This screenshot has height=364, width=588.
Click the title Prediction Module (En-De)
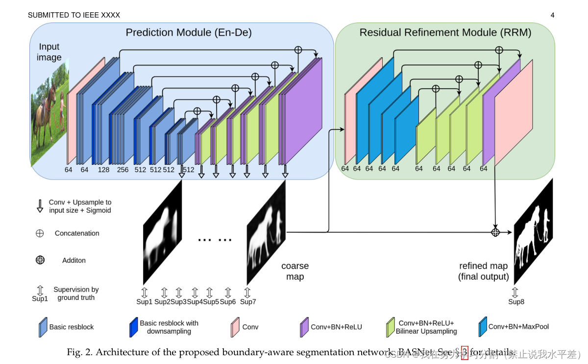pyautogui.click(x=189, y=33)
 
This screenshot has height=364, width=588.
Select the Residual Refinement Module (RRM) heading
pyautogui.click(x=445, y=33)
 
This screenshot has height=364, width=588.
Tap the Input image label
pyautogui.click(x=49, y=52)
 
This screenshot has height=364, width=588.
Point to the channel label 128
pyautogui.click(x=103, y=170)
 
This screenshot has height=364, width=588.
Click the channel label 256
pyautogui.click(x=122, y=170)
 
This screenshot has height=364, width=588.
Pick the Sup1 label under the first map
pyautogui.click(x=144, y=302)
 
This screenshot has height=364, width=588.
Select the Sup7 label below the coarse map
pyautogui.click(x=247, y=302)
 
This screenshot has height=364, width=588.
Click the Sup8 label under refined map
pyautogui.click(x=516, y=302)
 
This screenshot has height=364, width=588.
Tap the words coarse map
pyautogui.click(x=295, y=271)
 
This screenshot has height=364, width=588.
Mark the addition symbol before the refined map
pyautogui.click(x=495, y=232)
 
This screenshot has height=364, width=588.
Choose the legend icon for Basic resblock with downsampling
pyautogui.click(x=133, y=327)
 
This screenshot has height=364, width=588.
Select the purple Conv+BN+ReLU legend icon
pyautogui.click(x=304, y=327)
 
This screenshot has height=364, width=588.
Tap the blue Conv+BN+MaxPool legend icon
pyautogui.click(x=483, y=327)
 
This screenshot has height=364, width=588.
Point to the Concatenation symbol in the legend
pyautogui.click(x=40, y=233)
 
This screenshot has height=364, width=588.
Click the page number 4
pyautogui.click(x=552, y=15)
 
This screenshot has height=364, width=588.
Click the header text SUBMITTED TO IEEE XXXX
pyautogui.click(x=74, y=15)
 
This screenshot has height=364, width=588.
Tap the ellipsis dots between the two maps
pyautogui.click(x=215, y=240)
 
